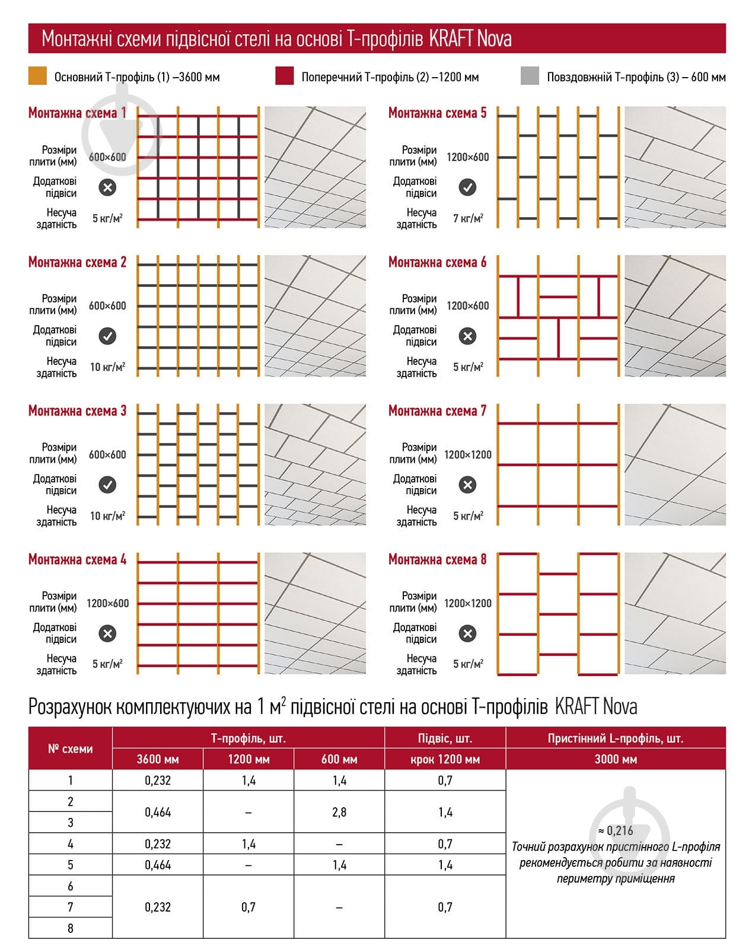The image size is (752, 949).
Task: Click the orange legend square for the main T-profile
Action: tap(37, 77)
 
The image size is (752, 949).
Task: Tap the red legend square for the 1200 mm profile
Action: tap(284, 77)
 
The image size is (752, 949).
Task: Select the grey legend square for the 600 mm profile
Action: tap(530, 77)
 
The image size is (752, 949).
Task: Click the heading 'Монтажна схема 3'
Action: tap(77, 411)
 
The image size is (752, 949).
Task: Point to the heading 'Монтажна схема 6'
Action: tap(437, 262)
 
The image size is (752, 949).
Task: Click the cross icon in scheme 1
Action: tap(107, 187)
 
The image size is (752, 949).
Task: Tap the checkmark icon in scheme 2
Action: tap(107, 336)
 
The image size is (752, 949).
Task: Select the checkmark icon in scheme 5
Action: tap(467, 187)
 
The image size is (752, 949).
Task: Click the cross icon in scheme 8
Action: tap(467, 633)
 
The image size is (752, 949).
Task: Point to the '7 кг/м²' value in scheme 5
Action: tap(468, 218)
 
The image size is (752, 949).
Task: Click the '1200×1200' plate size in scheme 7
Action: tap(468, 455)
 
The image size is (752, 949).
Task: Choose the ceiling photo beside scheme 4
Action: tap(315, 613)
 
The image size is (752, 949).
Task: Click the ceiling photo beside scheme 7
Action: tap(675, 464)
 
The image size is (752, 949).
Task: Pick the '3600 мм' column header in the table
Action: tap(158, 759)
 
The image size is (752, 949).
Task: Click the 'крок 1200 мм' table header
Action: tap(445, 759)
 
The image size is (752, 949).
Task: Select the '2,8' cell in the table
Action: tap(339, 812)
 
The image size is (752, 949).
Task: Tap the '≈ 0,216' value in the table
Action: tap(616, 830)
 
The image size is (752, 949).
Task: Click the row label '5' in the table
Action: tap(70, 865)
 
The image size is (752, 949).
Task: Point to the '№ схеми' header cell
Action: tap(70, 749)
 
